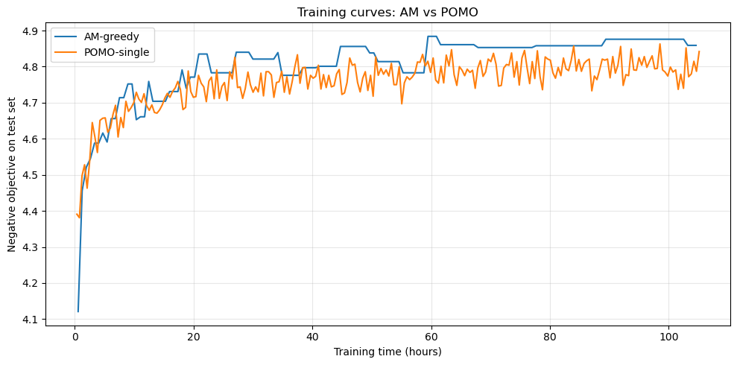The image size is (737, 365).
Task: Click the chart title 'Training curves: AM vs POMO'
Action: [387, 12]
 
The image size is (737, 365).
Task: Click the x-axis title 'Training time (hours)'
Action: [387, 351]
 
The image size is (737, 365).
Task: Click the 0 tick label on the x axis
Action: [75, 335]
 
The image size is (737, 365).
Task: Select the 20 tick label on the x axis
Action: [194, 335]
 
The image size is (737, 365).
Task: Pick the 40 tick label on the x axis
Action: [312, 335]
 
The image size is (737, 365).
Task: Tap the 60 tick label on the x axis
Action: [431, 335]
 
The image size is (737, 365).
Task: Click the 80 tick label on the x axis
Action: [549, 335]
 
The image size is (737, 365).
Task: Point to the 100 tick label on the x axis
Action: [668, 335]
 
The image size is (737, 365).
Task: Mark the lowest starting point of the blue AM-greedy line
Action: [78, 311]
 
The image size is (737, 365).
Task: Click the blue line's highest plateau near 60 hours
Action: [432, 36]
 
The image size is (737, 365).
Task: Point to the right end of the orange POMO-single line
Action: [699, 51]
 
